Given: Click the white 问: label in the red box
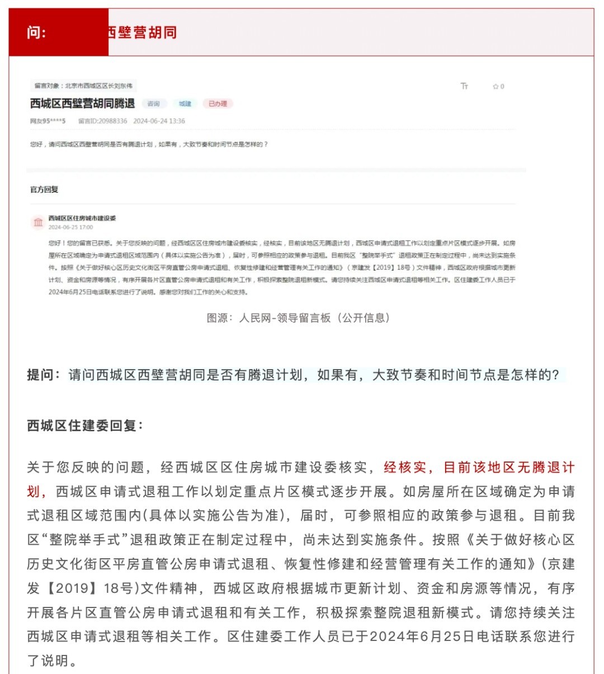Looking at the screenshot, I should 36,32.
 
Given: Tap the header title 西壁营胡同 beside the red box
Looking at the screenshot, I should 143,32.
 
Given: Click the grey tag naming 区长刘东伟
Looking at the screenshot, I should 83,86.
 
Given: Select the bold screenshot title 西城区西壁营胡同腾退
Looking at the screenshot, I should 82,103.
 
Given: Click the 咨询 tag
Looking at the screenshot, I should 154,103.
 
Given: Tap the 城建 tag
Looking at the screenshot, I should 185,103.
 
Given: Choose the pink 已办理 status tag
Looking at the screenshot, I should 218,103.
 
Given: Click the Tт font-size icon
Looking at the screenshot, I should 464,86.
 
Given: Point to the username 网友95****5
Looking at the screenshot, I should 48,121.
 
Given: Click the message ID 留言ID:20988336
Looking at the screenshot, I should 102,121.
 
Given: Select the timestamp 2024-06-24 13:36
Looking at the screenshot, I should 159,121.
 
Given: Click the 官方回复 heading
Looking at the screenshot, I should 44,190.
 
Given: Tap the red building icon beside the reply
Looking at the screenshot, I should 38,222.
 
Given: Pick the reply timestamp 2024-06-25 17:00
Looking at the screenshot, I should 70,228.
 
